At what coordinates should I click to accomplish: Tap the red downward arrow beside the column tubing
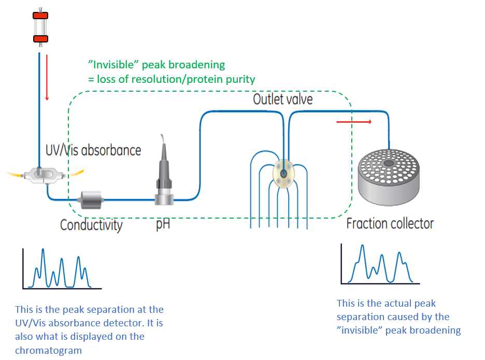[47, 78]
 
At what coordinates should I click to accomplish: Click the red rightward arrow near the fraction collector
[354, 122]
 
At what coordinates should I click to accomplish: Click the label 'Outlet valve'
[282, 99]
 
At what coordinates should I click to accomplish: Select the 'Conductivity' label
[91, 225]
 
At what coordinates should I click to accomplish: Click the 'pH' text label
[163, 225]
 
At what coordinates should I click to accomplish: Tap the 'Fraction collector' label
[390, 224]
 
